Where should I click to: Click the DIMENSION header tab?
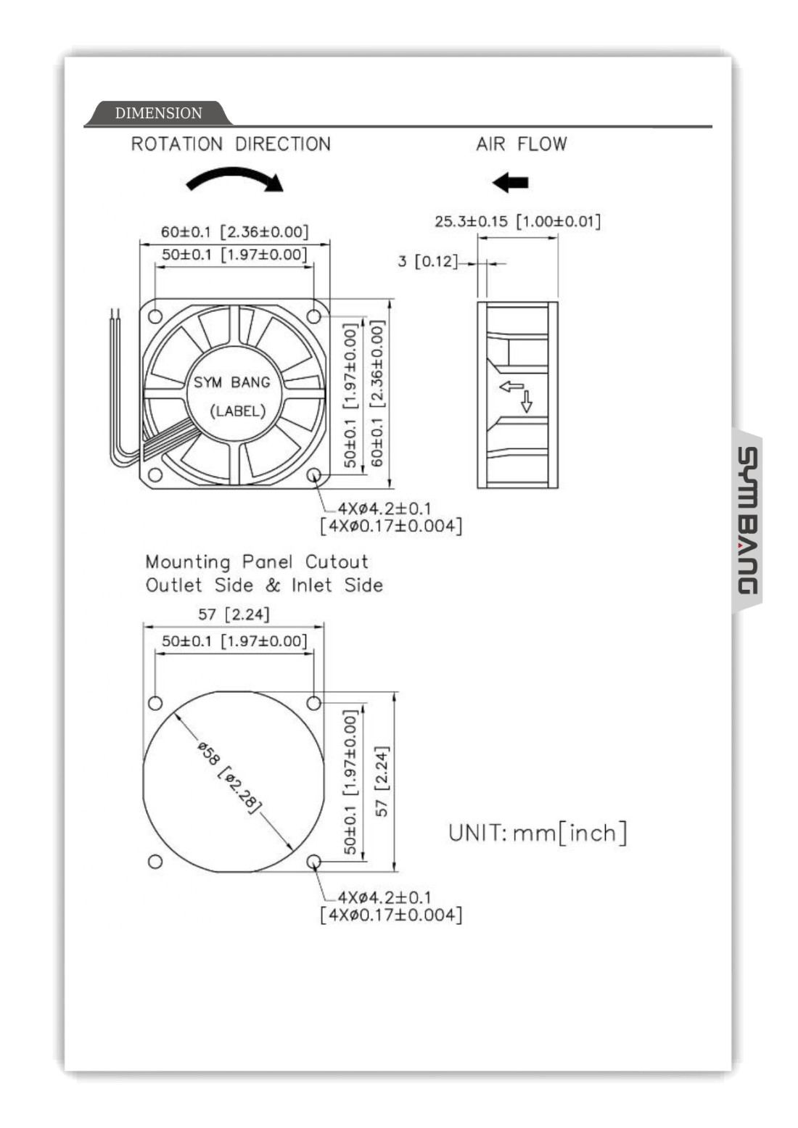(159, 113)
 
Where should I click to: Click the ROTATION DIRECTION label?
(231, 144)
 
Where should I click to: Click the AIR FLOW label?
(521, 144)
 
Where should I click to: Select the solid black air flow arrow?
(510, 182)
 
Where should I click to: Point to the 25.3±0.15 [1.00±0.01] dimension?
(517, 221)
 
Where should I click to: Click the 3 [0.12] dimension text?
(427, 261)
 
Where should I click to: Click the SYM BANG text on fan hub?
(231, 382)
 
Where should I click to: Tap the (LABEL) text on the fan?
(237, 411)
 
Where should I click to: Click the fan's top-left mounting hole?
(155, 316)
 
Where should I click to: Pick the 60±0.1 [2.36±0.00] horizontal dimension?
(234, 232)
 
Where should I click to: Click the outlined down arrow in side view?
(527, 401)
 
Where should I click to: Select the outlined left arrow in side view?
(511, 386)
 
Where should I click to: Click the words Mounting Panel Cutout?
(257, 562)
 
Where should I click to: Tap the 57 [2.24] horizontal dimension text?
(234, 614)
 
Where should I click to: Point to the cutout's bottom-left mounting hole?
(155, 862)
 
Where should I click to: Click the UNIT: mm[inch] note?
(538, 833)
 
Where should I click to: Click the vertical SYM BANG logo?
(747, 520)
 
